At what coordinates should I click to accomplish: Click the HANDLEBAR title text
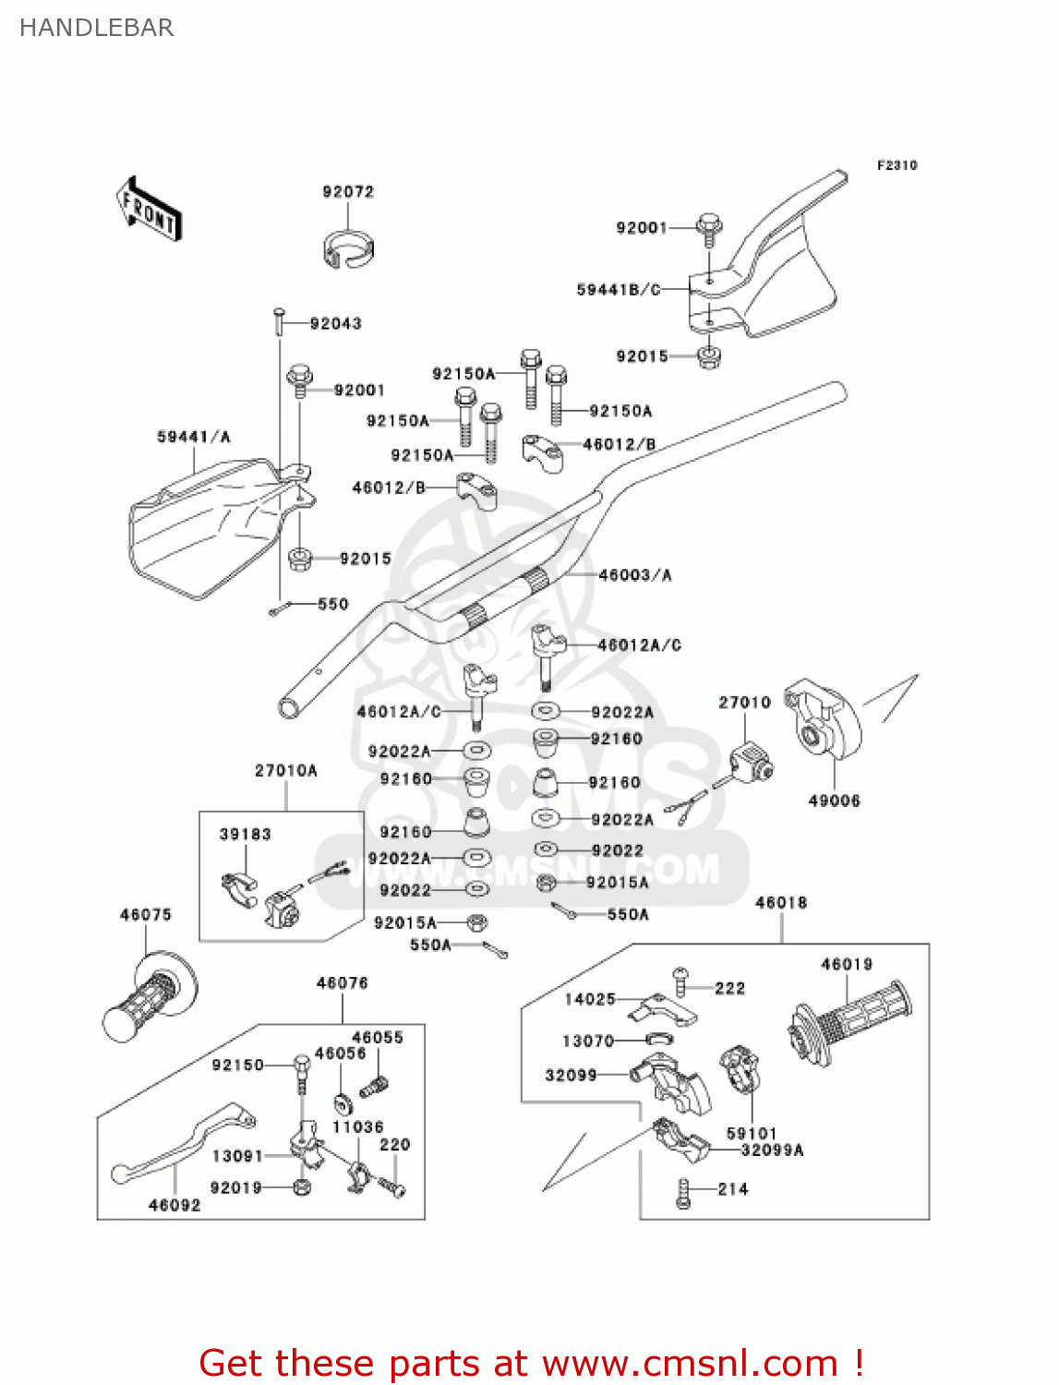[x=96, y=28]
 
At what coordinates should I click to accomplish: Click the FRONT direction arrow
[x=149, y=210]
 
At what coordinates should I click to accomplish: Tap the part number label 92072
[x=348, y=192]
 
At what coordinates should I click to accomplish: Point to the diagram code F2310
[x=897, y=165]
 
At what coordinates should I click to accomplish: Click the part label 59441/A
[x=194, y=437]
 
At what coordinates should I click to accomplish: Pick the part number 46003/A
[x=635, y=575]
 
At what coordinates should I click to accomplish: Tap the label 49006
[x=834, y=801]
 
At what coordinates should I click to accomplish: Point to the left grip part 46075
[x=148, y=997]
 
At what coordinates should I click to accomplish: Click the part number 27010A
[x=286, y=770]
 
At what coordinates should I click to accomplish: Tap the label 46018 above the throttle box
[x=781, y=902]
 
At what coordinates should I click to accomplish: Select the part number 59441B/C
[x=619, y=290]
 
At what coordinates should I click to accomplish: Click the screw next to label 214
[x=683, y=1193]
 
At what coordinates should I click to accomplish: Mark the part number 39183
[x=246, y=834]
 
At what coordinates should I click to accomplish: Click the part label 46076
[x=343, y=983]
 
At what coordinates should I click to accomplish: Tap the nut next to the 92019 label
[x=301, y=1187]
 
